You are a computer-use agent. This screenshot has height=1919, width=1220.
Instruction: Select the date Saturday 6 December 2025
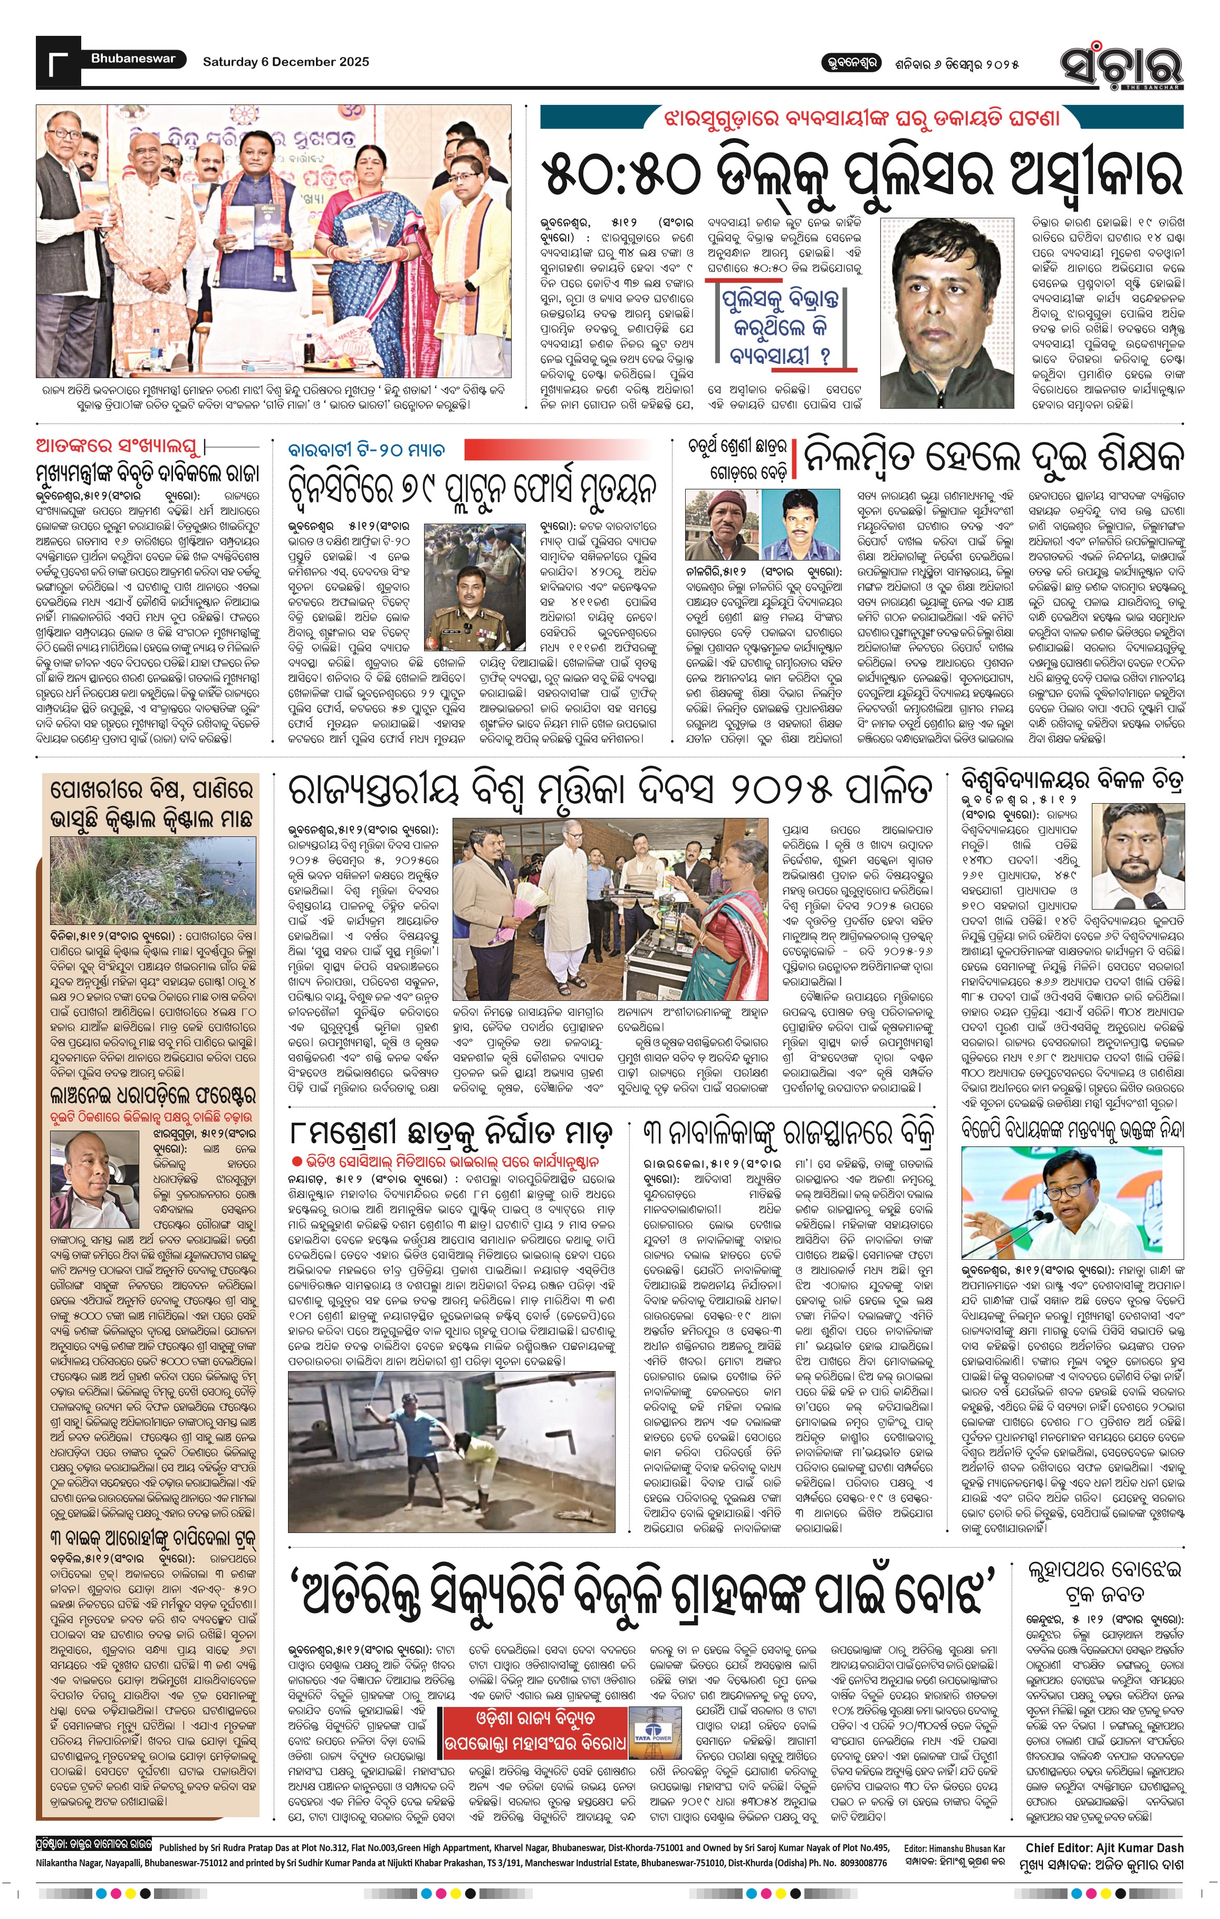point(285,61)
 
